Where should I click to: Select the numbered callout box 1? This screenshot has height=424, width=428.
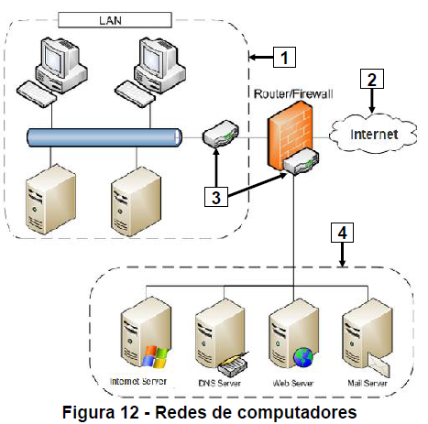pyautogui.click(x=285, y=58)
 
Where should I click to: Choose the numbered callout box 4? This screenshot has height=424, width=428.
pyautogui.click(x=341, y=234)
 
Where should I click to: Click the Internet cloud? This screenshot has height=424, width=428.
pyautogui.click(x=377, y=135)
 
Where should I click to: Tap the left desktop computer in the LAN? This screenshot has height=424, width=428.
pyautogui.click(x=57, y=69)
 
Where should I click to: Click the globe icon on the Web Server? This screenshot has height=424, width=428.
pyautogui.click(x=303, y=355)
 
